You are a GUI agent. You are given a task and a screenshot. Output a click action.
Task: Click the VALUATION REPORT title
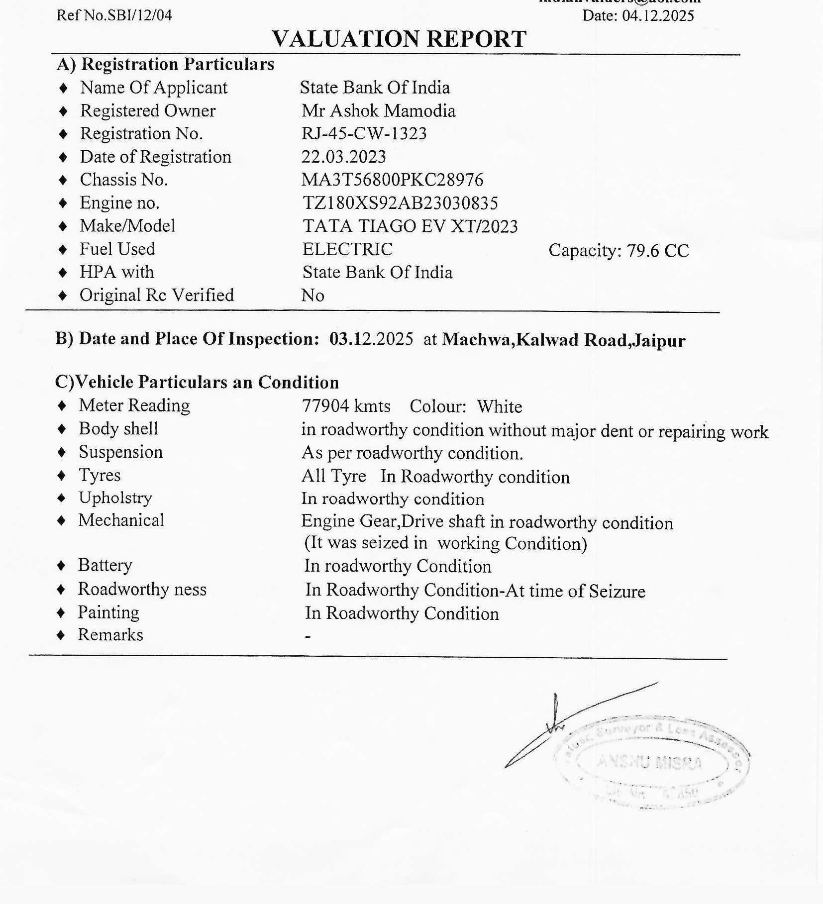pyautogui.click(x=399, y=39)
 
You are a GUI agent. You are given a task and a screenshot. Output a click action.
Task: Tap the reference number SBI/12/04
pyautogui.click(x=136, y=15)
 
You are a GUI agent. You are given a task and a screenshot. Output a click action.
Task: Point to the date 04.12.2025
pyautogui.click(x=657, y=16)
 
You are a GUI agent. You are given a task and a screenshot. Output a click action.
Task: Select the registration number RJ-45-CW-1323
pyautogui.click(x=364, y=133)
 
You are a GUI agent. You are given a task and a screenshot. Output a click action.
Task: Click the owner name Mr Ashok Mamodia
pyautogui.click(x=378, y=110)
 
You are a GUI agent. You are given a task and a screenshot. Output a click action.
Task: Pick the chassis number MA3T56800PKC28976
pyautogui.click(x=392, y=180)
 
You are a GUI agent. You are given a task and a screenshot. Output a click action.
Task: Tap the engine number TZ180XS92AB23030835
pyautogui.click(x=400, y=203)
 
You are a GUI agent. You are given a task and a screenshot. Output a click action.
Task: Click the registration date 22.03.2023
pyautogui.click(x=343, y=157)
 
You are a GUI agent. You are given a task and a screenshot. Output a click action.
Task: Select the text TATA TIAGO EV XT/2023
pyautogui.click(x=410, y=226)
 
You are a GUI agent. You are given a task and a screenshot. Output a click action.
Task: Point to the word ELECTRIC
pyautogui.click(x=347, y=249)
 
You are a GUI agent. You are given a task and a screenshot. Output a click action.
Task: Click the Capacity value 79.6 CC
pyautogui.click(x=657, y=251)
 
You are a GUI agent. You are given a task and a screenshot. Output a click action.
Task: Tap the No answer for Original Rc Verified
pyautogui.click(x=312, y=296)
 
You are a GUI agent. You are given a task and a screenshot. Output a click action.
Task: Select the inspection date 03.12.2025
pyautogui.click(x=371, y=339)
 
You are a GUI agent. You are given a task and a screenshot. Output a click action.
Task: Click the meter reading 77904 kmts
pyautogui.click(x=346, y=406)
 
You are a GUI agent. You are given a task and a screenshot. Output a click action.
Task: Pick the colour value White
pyautogui.click(x=500, y=407)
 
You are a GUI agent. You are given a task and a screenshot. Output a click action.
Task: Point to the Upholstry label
pyautogui.click(x=115, y=498)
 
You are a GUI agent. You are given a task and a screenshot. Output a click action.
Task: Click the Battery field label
pyautogui.click(x=105, y=566)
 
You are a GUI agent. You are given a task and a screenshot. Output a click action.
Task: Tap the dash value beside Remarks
pyautogui.click(x=308, y=636)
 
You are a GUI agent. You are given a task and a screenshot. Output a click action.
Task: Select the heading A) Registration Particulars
pyautogui.click(x=165, y=64)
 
